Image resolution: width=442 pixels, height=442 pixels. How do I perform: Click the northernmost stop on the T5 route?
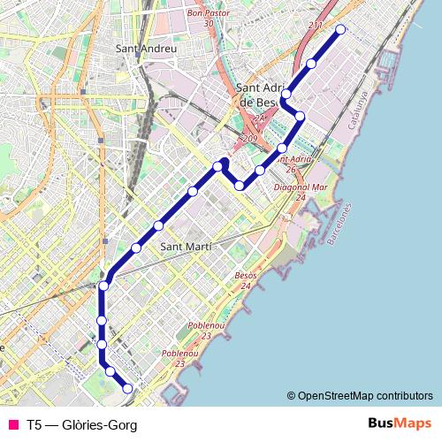point(341,30)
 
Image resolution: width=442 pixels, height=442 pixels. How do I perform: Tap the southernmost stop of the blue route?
point(127,388)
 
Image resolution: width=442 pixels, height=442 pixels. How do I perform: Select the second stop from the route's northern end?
point(311,64)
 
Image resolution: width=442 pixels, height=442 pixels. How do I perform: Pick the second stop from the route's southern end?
point(110,371)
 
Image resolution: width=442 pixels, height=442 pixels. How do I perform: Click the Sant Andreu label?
point(147,50)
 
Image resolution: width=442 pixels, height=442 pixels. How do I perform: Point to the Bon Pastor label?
point(209,14)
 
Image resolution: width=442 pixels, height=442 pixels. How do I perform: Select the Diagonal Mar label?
point(301,187)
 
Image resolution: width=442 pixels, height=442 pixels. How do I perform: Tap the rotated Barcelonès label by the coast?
point(339,225)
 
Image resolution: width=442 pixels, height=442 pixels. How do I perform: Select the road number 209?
point(248,139)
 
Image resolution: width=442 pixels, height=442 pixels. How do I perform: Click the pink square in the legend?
point(12,425)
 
